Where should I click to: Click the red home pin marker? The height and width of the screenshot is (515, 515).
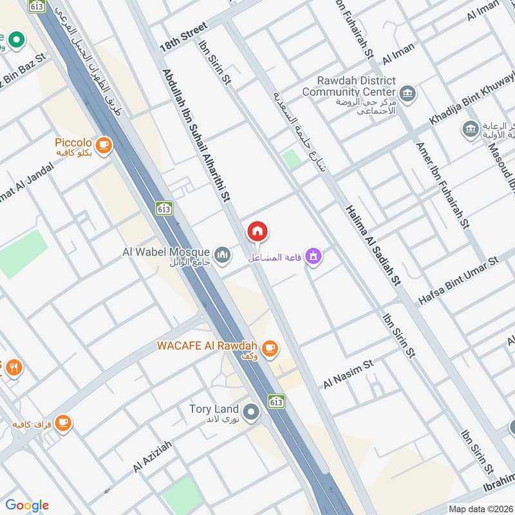[x=257, y=231]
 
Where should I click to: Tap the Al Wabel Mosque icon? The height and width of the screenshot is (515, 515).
[x=223, y=256]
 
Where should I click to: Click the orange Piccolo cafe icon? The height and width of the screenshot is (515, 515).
[x=103, y=146]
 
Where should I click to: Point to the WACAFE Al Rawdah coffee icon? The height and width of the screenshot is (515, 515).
[x=271, y=348]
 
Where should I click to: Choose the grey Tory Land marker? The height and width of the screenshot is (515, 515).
[x=252, y=410]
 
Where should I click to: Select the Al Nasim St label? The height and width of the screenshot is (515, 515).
[x=348, y=373]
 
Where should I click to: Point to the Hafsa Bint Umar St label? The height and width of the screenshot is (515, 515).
[x=458, y=280]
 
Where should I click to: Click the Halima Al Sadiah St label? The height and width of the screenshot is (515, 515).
[x=373, y=245]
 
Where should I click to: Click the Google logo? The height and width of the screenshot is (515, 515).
[x=27, y=505]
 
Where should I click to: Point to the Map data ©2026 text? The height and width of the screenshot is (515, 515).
[x=480, y=509]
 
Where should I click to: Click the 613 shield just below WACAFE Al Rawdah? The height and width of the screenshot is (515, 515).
[x=277, y=400]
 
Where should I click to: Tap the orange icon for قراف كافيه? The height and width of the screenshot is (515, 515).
[x=62, y=422]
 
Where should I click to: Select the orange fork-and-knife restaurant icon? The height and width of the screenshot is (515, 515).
[x=13, y=368]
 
